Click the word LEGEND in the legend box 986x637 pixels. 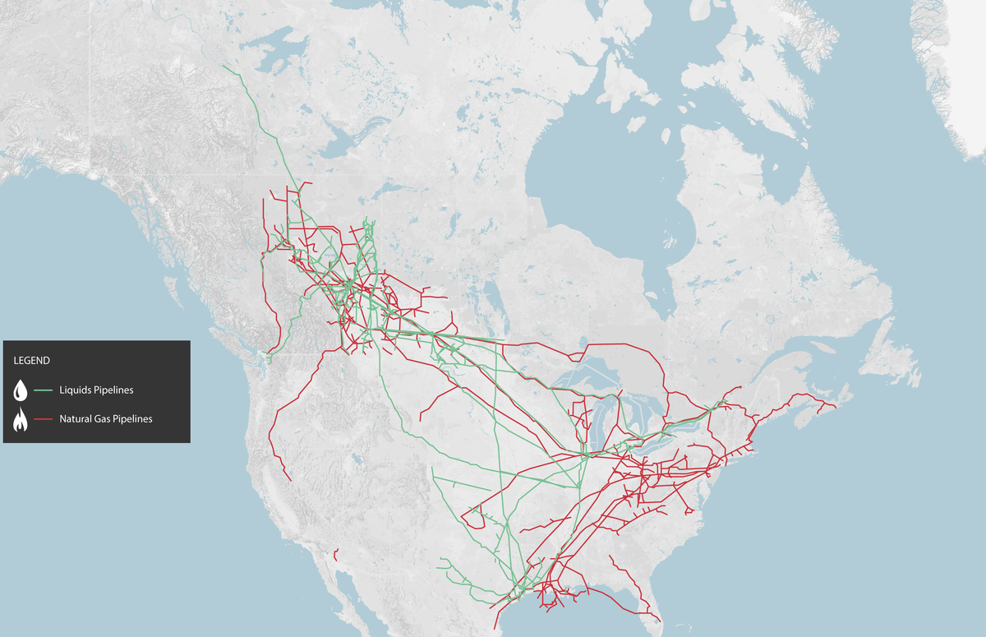(32, 360)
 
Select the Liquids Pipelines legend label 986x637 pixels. (96, 390)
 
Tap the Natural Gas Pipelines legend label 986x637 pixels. (105, 419)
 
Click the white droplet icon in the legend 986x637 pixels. (21, 390)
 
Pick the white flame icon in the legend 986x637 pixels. (21, 420)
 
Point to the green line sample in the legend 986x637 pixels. (44, 390)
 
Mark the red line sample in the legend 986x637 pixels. (44, 419)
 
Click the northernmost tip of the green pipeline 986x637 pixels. (224, 67)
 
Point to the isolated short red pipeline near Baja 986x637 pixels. (337, 555)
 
